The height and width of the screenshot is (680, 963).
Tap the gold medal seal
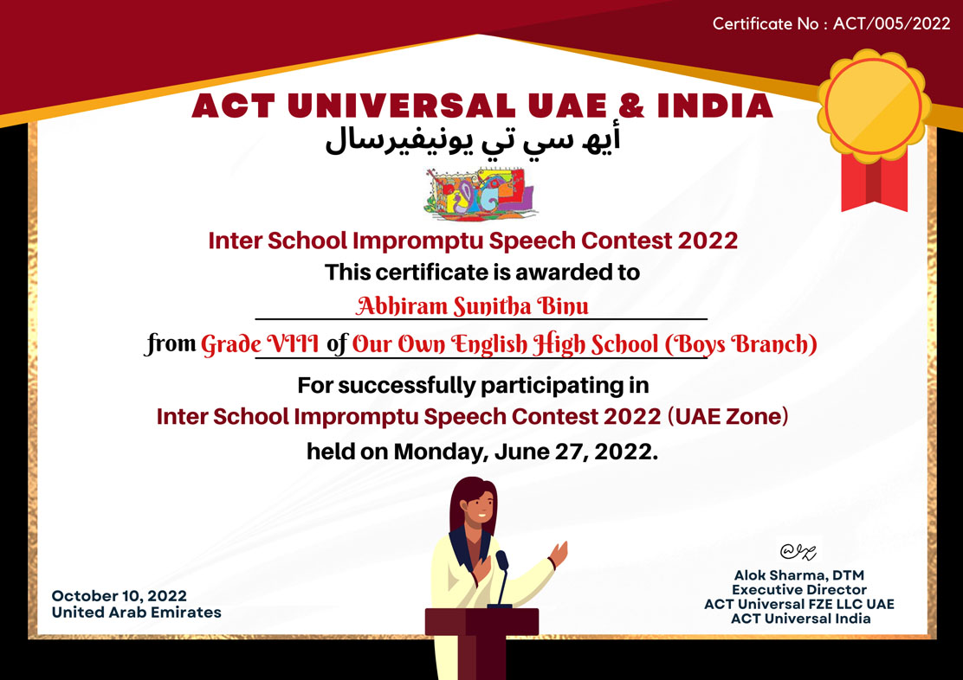(x=873, y=106)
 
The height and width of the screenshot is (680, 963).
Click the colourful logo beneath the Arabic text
(x=480, y=193)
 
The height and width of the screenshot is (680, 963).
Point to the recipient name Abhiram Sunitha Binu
(x=472, y=305)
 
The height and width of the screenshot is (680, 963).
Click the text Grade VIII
(x=260, y=343)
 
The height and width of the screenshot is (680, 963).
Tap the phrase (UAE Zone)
(x=727, y=417)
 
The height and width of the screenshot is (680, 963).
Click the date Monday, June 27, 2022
(x=526, y=452)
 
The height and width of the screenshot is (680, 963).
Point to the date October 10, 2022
(x=120, y=596)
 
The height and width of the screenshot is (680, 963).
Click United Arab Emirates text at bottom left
(x=136, y=613)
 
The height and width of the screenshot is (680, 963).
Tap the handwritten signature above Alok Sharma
(x=798, y=552)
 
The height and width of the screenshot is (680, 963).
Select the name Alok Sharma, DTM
(x=799, y=575)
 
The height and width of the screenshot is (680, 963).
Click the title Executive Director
(x=799, y=590)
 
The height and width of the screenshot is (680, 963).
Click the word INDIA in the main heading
(x=714, y=106)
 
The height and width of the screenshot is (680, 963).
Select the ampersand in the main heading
(x=630, y=106)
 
